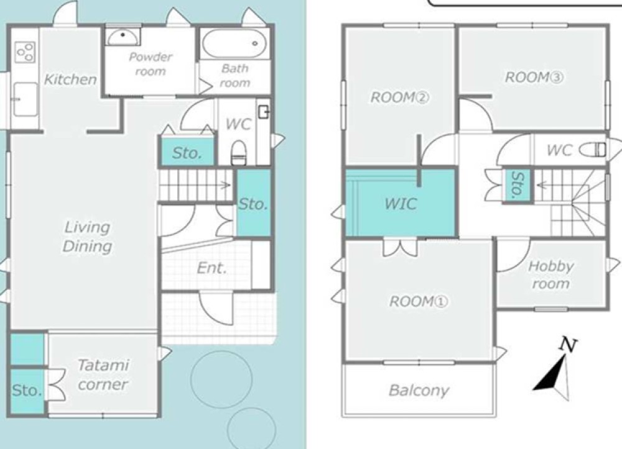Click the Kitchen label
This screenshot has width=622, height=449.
coord(70,79)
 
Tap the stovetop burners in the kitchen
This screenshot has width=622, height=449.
coord(25,52)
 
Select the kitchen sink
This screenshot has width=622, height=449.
coord(25,99)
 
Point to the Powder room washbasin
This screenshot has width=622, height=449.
coord(123,38)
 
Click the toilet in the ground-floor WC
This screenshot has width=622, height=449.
coord(238,152)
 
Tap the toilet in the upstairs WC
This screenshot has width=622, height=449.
coord(593,150)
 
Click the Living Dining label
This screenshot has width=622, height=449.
coord(87,237)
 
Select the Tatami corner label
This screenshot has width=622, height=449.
coord(103,374)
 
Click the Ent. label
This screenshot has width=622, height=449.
coord(212,268)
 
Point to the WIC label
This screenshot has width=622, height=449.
coord(400,204)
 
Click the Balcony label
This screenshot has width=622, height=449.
coord(419,391)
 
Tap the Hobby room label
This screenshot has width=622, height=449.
coord(550,274)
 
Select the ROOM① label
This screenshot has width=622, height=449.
coord(419,302)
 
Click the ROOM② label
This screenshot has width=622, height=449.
coord(399,97)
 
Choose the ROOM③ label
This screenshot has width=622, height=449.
coord(534,77)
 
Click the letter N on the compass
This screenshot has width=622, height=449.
coord(568,344)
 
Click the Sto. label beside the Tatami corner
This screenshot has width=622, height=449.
coord(27,391)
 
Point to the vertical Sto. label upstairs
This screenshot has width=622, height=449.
coord(518,184)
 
